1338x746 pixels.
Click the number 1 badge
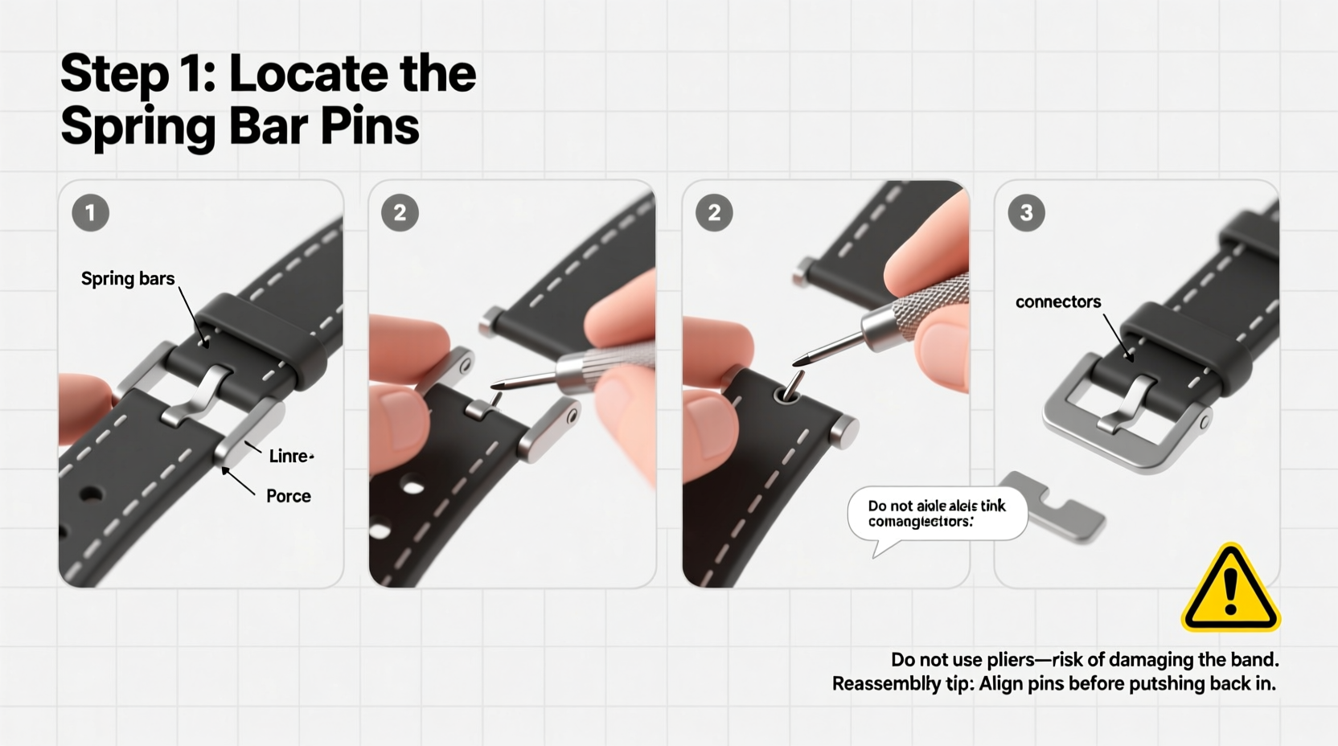point(90,213)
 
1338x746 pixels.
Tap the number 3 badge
point(1026,213)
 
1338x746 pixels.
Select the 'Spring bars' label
point(128,279)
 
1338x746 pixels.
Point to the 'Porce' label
point(288,496)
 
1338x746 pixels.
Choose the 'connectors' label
point(1057,302)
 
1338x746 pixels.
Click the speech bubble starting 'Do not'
point(937,514)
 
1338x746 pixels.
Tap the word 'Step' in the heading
point(113,74)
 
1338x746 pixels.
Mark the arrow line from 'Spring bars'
point(192,315)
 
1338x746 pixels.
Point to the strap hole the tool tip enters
point(787,394)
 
